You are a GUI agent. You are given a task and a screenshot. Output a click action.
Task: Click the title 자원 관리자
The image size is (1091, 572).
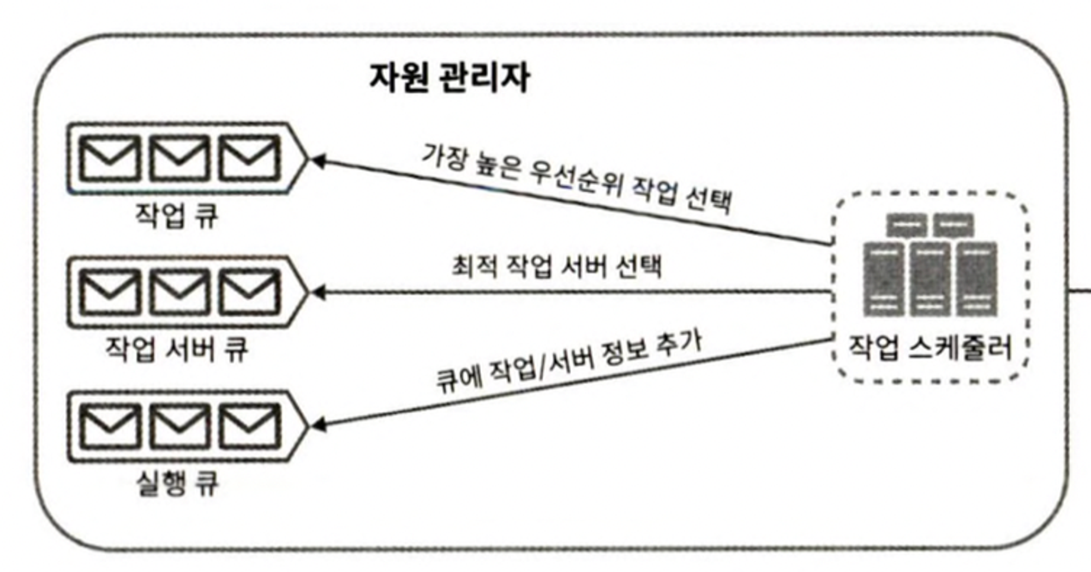pyautogui.click(x=449, y=78)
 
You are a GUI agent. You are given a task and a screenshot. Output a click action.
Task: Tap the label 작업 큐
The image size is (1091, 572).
pyautogui.click(x=176, y=215)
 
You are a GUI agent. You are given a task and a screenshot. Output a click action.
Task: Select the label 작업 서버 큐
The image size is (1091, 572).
pyautogui.click(x=176, y=349)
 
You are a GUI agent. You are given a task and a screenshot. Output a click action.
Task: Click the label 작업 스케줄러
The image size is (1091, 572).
pyautogui.click(x=930, y=348)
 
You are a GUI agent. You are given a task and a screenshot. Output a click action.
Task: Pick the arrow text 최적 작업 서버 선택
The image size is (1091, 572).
pyautogui.click(x=556, y=267)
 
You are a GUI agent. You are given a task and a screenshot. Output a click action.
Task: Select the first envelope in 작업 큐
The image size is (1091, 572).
pyautogui.click(x=110, y=158)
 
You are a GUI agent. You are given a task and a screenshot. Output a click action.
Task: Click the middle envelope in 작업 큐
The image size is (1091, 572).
pyautogui.click(x=179, y=158)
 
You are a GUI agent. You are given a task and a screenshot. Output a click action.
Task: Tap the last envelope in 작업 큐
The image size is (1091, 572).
pyautogui.click(x=249, y=158)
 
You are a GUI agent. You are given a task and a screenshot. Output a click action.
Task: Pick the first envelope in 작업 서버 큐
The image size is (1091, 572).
pyautogui.click(x=110, y=292)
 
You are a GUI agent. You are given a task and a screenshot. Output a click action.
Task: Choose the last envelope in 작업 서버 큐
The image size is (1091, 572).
pyautogui.click(x=249, y=292)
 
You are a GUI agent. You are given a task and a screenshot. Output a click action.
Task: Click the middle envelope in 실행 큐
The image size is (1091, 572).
pyautogui.click(x=179, y=426)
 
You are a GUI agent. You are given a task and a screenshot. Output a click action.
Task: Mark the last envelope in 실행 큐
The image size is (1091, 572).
pyautogui.click(x=249, y=426)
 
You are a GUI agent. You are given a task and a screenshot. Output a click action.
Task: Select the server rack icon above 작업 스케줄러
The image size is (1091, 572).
pyautogui.click(x=930, y=265)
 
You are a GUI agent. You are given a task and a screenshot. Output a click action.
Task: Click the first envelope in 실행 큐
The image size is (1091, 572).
pyautogui.click(x=110, y=426)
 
